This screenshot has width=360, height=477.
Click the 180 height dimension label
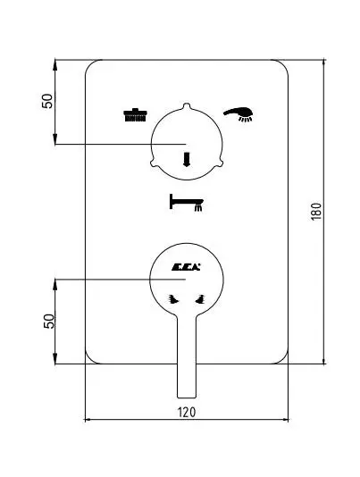click(316, 212)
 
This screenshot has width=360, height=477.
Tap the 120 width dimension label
click(187, 412)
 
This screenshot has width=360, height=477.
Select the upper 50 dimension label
click(47, 101)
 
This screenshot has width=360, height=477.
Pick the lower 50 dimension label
click(49, 321)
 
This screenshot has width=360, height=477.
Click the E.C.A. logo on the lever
click(186, 267)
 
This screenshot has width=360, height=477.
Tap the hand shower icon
click(239, 114)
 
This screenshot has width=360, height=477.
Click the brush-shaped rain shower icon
click(136, 115)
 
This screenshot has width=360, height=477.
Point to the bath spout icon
click(186, 202)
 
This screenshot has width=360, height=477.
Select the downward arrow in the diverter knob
click(187, 159)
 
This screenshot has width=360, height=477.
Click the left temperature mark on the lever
click(173, 299)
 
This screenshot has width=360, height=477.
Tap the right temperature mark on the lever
click(200, 299)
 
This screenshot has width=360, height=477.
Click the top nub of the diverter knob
click(187, 105)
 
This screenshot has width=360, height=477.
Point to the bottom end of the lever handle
click(187, 397)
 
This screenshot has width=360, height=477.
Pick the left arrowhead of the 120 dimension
click(88, 420)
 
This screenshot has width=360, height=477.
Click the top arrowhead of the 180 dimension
click(323, 63)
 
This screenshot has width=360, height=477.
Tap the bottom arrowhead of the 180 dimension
click(323, 361)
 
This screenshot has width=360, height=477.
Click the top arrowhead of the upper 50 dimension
click(55, 63)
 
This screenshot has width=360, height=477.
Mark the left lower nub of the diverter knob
click(153, 163)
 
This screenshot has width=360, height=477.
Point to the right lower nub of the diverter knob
click(221, 163)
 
